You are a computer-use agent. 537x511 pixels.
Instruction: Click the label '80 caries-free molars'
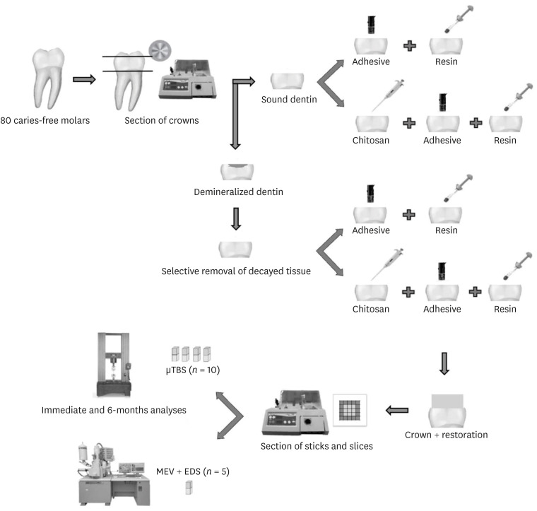coord(45,119)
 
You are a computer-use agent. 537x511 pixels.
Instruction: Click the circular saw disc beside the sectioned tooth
coord(160,49)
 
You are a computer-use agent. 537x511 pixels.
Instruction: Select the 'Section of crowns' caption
coord(162,119)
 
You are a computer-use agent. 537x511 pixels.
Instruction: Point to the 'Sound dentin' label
coord(288,100)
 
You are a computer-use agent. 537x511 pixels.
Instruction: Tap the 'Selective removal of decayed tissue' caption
coord(235,271)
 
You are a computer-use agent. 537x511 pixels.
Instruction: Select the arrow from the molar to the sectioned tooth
coord(85,79)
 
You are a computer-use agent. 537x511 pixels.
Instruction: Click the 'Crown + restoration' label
coord(447,434)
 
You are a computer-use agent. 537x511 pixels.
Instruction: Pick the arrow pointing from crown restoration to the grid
coord(399,409)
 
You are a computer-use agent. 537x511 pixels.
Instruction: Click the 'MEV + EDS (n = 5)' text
coord(193,470)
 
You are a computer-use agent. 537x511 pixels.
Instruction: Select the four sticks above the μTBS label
coord(192,353)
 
